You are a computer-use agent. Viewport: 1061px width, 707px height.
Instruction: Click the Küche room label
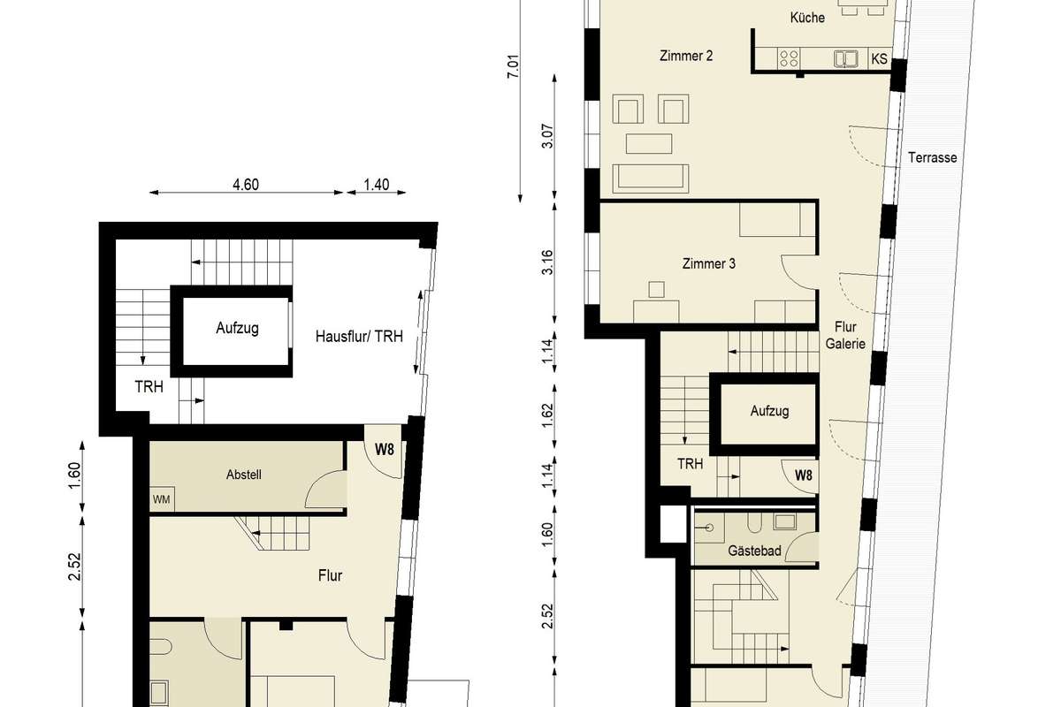click(x=807, y=18)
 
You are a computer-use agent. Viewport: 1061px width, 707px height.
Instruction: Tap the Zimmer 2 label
click(x=686, y=56)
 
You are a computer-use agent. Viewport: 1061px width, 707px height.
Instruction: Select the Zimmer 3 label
click(x=708, y=263)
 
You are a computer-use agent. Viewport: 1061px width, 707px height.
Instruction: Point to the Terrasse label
click(x=932, y=157)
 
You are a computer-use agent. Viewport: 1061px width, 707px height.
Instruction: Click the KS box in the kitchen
click(x=879, y=58)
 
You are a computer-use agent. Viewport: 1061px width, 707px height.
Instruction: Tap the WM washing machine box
click(x=162, y=499)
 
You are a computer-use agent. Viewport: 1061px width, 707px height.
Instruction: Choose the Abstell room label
click(x=243, y=475)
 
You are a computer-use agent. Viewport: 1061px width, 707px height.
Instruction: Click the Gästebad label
click(x=754, y=551)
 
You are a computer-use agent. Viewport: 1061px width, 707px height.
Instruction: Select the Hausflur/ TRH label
click(x=359, y=336)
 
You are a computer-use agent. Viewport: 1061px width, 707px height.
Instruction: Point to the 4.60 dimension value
click(x=246, y=184)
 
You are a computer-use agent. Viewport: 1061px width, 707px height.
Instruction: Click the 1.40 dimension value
click(x=377, y=184)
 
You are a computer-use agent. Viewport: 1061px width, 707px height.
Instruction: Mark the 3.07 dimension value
click(x=547, y=136)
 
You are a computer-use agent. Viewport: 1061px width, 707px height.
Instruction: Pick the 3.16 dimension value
click(x=547, y=262)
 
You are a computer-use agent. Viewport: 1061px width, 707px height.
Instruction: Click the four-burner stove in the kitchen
click(x=789, y=58)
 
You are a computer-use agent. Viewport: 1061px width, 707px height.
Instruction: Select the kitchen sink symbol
click(x=845, y=58)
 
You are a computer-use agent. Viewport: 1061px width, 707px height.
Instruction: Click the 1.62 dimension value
click(x=547, y=415)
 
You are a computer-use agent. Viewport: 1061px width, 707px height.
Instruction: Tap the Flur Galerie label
click(x=845, y=335)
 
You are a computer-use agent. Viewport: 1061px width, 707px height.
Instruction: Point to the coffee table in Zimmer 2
click(x=649, y=144)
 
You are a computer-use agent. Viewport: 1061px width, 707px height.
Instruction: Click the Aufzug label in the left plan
click(x=237, y=328)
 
